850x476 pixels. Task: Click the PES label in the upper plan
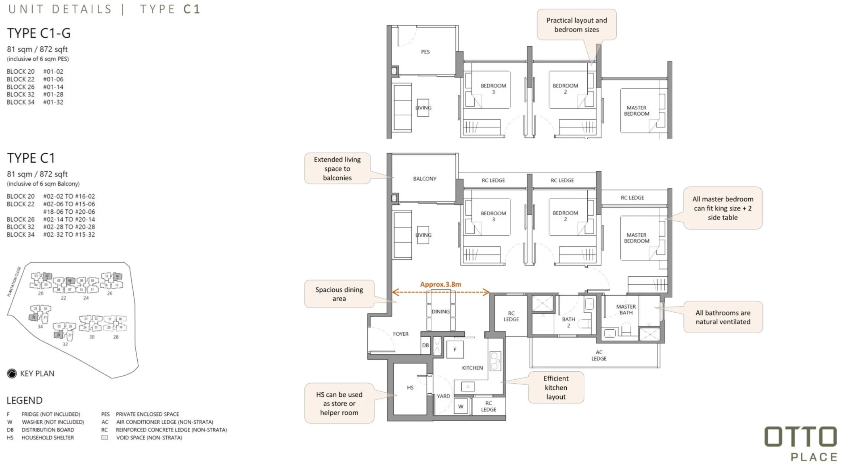(425, 52)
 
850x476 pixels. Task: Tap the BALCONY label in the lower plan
(425, 179)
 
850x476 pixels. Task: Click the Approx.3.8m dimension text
(441, 284)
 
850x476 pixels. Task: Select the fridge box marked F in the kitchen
(455, 350)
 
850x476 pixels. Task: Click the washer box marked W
(461, 406)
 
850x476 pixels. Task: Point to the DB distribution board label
(425, 345)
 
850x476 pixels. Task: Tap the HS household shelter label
(410, 388)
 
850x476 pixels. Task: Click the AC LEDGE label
(599, 355)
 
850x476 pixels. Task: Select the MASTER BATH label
(626, 309)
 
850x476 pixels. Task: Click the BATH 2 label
(568, 322)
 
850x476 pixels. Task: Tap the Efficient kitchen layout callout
(556, 388)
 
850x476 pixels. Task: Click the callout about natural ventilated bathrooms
(723, 317)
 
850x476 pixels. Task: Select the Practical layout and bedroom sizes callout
(576, 25)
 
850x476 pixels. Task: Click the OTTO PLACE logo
(800, 443)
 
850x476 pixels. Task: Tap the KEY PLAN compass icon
(12, 373)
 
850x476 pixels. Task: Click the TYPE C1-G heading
(39, 33)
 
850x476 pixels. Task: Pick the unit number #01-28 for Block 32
(53, 95)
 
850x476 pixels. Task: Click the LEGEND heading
(25, 400)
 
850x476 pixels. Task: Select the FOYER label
(401, 334)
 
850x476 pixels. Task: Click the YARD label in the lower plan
(443, 396)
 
